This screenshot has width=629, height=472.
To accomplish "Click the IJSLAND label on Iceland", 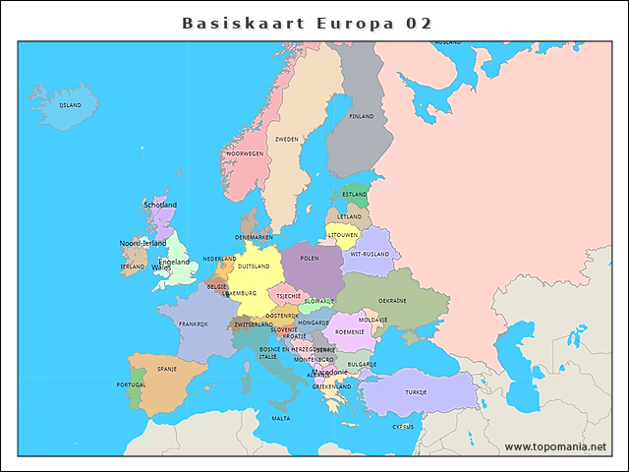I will pyautogui.click(x=70, y=105).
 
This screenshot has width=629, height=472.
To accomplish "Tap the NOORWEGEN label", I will pyautogui.click(x=245, y=154).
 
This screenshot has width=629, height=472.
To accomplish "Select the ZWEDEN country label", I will pyautogui.click(x=287, y=140).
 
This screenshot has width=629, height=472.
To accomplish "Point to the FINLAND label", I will pyautogui.click(x=362, y=116).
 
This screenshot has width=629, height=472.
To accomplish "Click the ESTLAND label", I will pyautogui.click(x=355, y=195).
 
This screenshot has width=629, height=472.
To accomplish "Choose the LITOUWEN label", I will pyautogui.click(x=343, y=236).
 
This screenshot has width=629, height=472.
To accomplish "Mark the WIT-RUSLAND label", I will pyautogui.click(x=371, y=254).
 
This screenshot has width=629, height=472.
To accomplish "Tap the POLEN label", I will pyautogui.click(x=310, y=259).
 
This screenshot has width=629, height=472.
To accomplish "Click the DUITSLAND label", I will pyautogui.click(x=254, y=266).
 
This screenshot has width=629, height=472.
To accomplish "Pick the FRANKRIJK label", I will pyautogui.click(x=194, y=324).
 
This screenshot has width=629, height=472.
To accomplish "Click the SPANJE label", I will pyautogui.click(x=167, y=370).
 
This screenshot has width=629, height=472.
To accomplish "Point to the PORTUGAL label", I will pyautogui.click(x=131, y=384).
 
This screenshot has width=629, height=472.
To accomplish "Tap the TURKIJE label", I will pyautogui.click(x=416, y=392).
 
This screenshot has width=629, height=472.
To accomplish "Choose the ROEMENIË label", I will pyautogui.click(x=350, y=332).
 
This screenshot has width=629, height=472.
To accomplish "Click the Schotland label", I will pyautogui.click(x=160, y=205).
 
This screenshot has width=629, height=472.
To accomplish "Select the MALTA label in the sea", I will pyautogui.click(x=281, y=418).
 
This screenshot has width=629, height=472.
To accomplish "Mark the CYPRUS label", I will pyautogui.click(x=403, y=427).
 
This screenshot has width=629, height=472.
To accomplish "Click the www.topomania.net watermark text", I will pyautogui.click(x=555, y=447).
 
